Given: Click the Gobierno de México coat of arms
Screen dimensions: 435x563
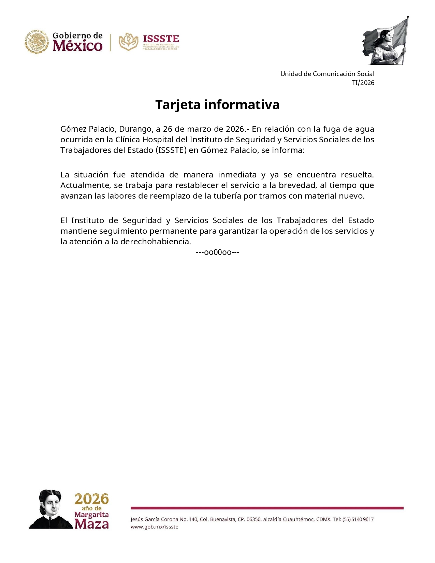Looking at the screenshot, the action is point(37,42).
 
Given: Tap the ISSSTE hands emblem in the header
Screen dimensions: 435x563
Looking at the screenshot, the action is point(128,42).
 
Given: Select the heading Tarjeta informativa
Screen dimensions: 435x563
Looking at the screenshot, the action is point(217,105).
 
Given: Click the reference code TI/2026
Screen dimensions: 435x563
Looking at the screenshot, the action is point(363,83).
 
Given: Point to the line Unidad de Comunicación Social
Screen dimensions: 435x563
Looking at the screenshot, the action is point(327,74).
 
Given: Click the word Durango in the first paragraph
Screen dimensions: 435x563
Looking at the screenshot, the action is point(135,129).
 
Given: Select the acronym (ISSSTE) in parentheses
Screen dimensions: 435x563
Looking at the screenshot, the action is point(171,150).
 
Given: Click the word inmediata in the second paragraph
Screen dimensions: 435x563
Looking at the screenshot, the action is point(237,175).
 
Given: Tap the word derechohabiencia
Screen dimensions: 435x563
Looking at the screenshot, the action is point(156,242).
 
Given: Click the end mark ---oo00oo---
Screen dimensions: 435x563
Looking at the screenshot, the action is point(217,252).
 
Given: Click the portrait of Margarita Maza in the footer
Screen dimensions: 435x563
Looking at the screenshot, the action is point(51,509).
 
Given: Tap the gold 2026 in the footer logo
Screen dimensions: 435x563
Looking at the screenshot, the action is point(91,499).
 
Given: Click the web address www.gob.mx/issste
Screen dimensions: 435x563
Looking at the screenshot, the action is point(154,527).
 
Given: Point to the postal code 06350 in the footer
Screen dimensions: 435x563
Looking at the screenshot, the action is point(253,519).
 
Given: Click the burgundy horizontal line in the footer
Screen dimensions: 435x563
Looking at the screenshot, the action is point(267,508).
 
